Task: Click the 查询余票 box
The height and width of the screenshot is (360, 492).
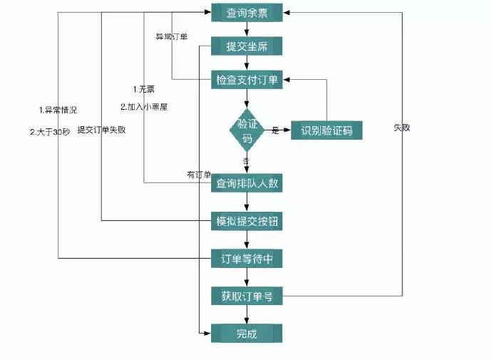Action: coord(247,12)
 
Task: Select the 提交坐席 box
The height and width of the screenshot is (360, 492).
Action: coord(247,46)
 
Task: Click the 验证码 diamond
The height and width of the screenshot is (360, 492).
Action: coord(247,130)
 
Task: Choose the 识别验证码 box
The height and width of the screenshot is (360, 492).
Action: coord(327,130)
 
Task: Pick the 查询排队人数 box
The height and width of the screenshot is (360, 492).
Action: coord(247,183)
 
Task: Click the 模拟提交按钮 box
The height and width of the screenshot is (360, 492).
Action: coord(247,221)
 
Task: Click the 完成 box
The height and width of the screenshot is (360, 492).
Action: coord(247,333)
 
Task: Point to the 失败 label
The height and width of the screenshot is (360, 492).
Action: coord(401,128)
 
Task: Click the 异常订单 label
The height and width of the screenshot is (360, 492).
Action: coord(172,36)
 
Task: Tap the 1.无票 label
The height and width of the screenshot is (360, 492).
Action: coord(144,89)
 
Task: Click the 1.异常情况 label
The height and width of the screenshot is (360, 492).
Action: coord(58,110)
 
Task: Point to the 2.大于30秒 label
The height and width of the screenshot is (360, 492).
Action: coord(49,131)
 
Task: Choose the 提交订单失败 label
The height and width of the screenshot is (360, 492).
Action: coord(101,130)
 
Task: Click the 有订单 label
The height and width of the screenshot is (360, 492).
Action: coord(199,175)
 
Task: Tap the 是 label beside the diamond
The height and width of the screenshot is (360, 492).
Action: coord(275,130)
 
